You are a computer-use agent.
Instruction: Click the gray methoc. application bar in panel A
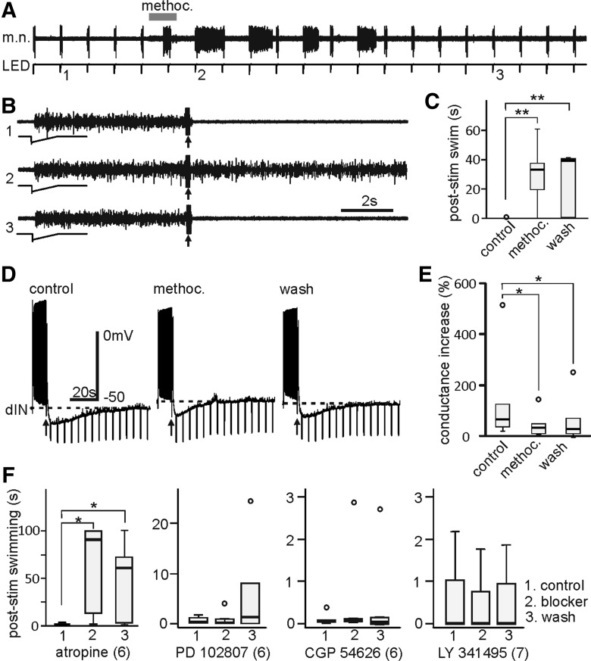pos(162,17)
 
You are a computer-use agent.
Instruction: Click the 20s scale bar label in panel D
pos(82,388)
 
